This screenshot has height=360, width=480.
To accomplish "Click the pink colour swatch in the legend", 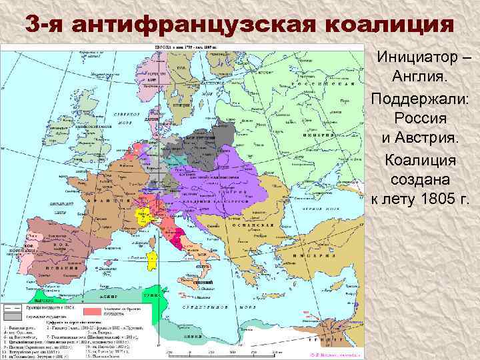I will pyautogui.click(x=92, y=311).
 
